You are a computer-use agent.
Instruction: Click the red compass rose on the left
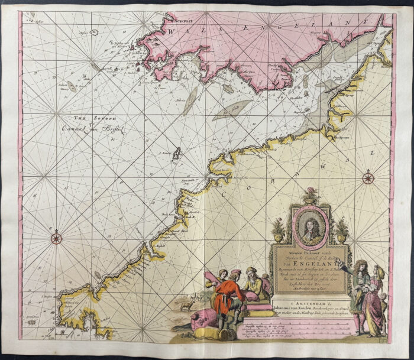(56, 238)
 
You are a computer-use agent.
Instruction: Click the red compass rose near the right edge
(369, 176)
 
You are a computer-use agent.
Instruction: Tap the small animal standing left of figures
(187, 306)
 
